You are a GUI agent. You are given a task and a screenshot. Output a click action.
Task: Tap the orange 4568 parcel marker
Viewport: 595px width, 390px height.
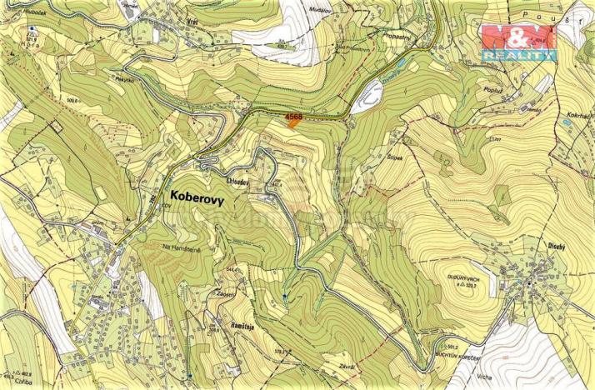click(292, 120)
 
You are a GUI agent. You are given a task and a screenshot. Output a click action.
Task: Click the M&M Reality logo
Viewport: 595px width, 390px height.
click(517, 42)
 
